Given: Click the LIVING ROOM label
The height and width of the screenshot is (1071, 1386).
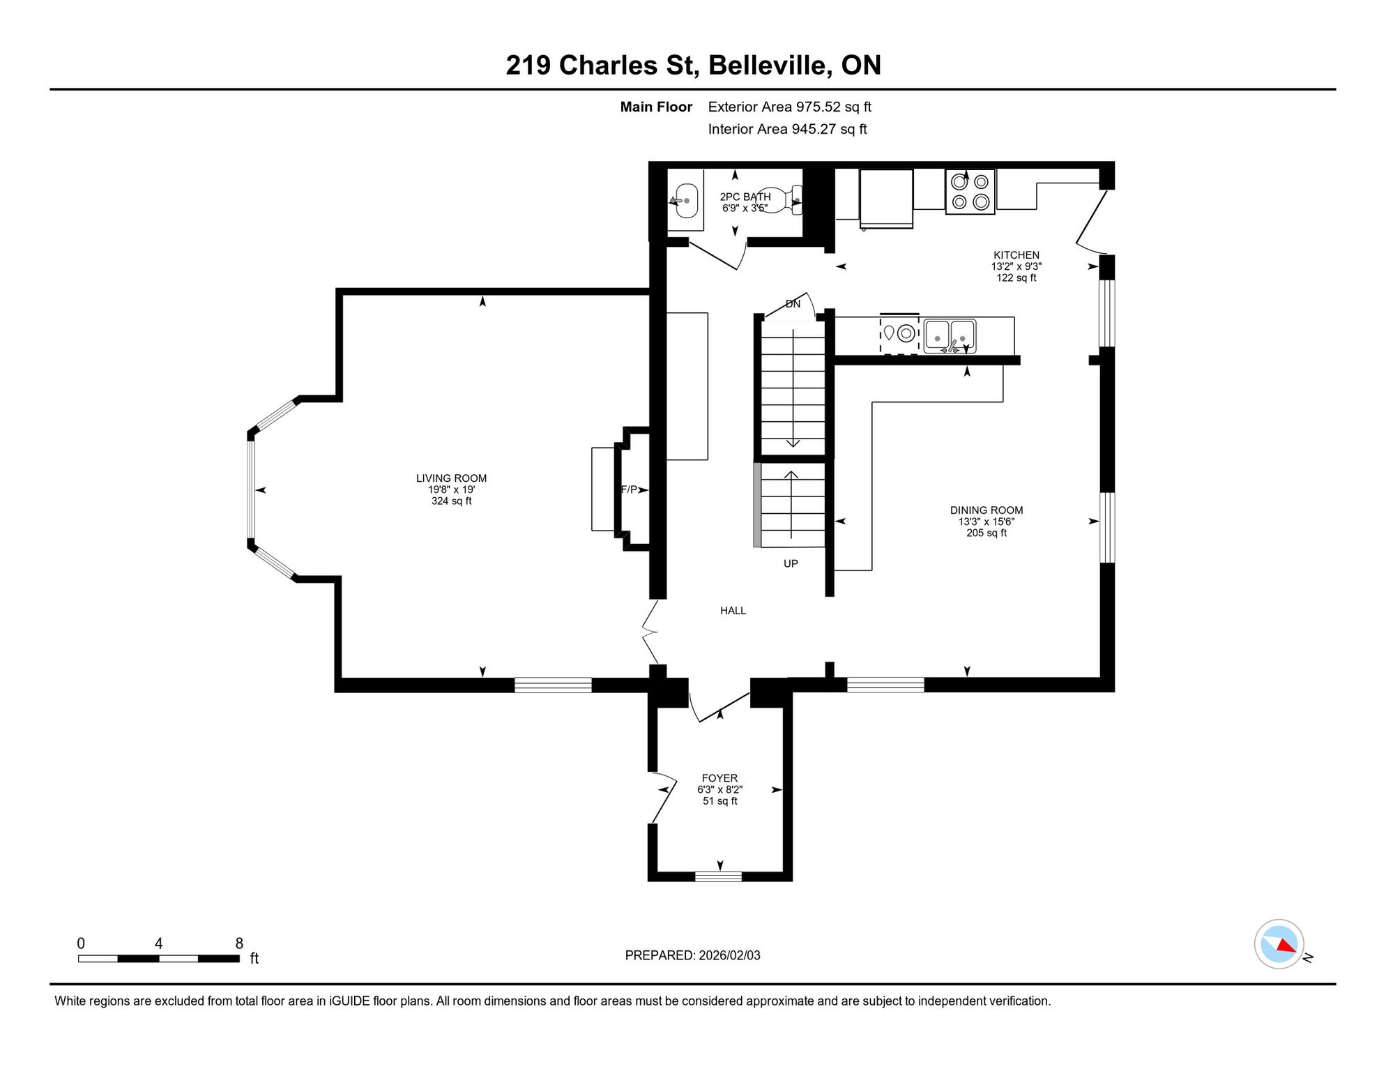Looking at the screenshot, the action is (x=451, y=478).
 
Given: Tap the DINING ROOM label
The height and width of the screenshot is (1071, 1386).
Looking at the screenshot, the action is (x=987, y=510).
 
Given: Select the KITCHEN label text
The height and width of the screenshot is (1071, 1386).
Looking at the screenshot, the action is (x=1016, y=255).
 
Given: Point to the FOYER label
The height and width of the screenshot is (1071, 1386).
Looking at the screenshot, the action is (x=719, y=778).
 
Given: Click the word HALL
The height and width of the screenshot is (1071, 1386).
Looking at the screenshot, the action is (x=733, y=611).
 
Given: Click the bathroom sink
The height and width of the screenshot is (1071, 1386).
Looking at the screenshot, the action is (x=684, y=201).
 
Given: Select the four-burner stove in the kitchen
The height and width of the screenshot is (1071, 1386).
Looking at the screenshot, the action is (x=970, y=192).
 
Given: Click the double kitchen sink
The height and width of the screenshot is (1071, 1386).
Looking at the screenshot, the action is (x=950, y=336).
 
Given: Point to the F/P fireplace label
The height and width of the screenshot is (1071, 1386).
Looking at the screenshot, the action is (x=629, y=489).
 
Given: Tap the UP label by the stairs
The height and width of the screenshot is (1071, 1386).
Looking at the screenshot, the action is (x=791, y=563).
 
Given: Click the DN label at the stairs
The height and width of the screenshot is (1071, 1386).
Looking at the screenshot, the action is (x=793, y=304).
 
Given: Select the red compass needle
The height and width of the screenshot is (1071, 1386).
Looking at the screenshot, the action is (x=1287, y=946).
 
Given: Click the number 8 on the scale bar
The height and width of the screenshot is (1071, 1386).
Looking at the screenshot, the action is (x=239, y=943).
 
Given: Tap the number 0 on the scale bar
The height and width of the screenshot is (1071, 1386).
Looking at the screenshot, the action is (x=81, y=943).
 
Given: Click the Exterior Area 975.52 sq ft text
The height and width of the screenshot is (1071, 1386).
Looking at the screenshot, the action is (x=789, y=107).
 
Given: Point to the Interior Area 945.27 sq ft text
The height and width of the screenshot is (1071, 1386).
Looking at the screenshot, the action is (x=787, y=129).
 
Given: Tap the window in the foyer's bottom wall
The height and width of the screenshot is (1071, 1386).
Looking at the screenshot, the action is (x=718, y=876).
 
